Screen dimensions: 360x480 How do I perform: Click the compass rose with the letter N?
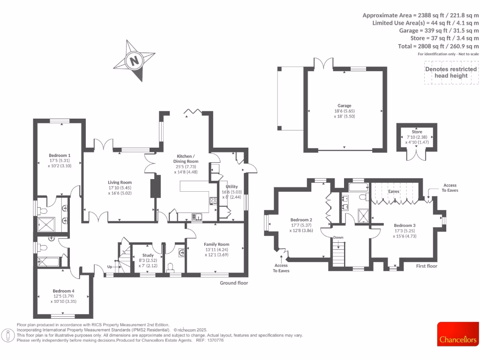click(x=135, y=60)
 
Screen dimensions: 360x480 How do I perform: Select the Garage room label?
click(x=345, y=106)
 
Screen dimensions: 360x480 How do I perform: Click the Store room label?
click(x=417, y=132)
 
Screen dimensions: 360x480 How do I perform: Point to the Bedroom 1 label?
click(x=60, y=156)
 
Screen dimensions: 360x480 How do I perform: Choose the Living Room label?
click(x=120, y=183)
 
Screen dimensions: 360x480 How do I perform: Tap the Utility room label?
click(x=232, y=186)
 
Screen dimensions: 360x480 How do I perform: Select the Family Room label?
click(x=216, y=244)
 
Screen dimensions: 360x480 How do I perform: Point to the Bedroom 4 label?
click(x=63, y=291)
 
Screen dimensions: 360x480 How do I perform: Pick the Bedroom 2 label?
click(x=301, y=220)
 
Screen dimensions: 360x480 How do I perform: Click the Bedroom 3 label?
click(x=405, y=225)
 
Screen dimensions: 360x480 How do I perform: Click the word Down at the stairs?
click(x=338, y=238)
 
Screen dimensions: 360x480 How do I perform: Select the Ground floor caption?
click(x=234, y=283)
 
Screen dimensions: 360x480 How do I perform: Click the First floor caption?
click(x=427, y=266)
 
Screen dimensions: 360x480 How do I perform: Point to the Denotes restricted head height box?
click(x=450, y=72)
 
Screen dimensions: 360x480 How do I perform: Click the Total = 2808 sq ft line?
click(x=444, y=46)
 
